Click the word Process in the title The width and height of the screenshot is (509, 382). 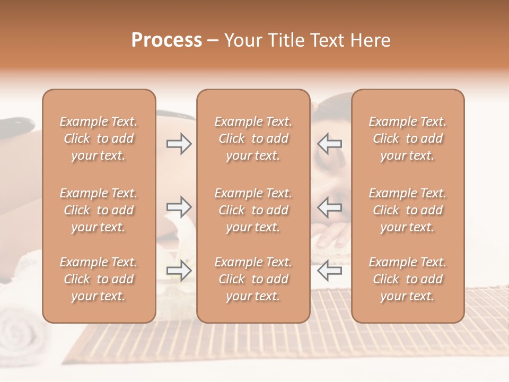(x=166, y=40)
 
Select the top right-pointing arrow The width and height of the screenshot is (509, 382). (x=179, y=143)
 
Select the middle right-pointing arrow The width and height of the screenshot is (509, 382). (x=179, y=206)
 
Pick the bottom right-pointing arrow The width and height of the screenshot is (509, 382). (x=179, y=271)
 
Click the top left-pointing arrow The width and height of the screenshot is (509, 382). (x=330, y=143)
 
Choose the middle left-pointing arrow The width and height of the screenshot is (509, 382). (x=330, y=206)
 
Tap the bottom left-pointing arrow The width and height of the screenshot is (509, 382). (x=330, y=271)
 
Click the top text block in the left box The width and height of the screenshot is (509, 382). (x=99, y=138)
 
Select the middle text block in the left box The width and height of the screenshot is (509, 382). (x=99, y=210)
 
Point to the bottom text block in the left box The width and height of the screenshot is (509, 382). (x=99, y=279)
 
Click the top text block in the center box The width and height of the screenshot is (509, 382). (x=253, y=138)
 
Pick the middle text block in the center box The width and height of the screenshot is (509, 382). (x=253, y=210)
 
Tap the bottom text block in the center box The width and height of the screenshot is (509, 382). (x=253, y=279)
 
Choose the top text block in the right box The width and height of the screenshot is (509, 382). (x=407, y=138)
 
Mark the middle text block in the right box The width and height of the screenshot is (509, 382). (x=407, y=210)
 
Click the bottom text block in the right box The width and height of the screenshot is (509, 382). (x=407, y=279)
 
